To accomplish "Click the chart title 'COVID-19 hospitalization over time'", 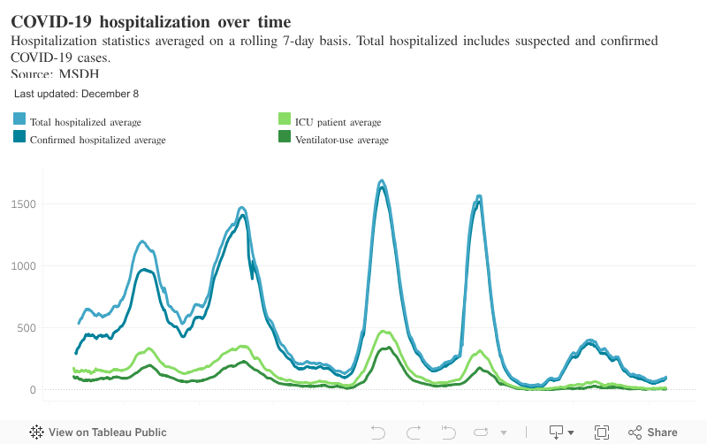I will (x=150, y=20).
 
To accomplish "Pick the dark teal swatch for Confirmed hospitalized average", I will (x=19, y=137).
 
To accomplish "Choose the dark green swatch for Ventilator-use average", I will (x=285, y=137).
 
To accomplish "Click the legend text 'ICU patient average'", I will (x=338, y=122).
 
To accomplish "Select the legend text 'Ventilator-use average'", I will (x=342, y=140).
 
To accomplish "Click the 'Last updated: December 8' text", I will (x=76, y=93).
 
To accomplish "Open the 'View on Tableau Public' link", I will (x=98, y=433).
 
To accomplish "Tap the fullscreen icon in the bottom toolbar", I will (x=602, y=433).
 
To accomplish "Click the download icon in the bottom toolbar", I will (x=558, y=433).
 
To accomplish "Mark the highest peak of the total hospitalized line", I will (x=382, y=180).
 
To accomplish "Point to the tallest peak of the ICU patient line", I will (x=384, y=332).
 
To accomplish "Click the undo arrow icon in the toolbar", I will (x=377, y=433).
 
